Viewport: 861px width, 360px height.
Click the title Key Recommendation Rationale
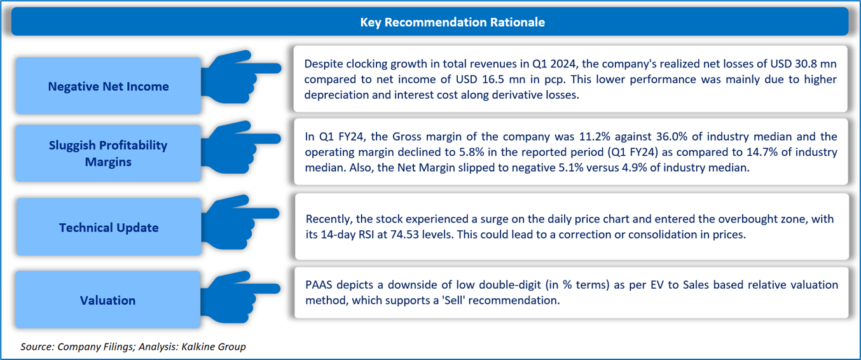coord(452,22)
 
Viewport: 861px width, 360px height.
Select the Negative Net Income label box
coord(108,86)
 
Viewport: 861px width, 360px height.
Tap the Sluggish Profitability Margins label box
coord(108,153)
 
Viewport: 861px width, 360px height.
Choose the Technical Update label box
coord(108,227)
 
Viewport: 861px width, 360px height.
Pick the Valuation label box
coord(107,300)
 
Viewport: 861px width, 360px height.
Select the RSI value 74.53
coord(404,235)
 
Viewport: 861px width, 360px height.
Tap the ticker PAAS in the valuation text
coord(319,285)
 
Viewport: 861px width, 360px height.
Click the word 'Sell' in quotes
coord(453,300)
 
